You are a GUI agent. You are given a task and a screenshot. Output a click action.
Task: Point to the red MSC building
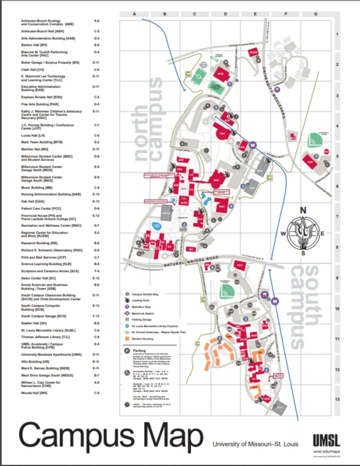(x=216, y=180)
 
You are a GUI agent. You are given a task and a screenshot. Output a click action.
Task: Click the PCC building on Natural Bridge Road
(x=240, y=265)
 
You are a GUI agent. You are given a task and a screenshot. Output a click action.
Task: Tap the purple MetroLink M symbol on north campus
(x=253, y=145)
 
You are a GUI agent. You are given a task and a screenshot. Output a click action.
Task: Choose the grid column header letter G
(x=316, y=14)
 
